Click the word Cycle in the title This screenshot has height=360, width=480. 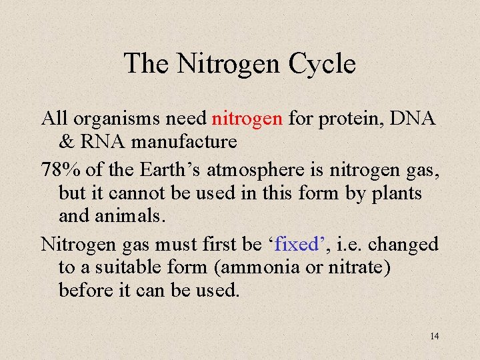click(322, 64)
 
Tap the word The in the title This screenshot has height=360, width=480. click(146, 63)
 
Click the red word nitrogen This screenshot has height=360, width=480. click(247, 119)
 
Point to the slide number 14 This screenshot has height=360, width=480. click(434, 336)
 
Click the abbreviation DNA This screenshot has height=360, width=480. click(413, 119)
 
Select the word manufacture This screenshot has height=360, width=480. click(183, 141)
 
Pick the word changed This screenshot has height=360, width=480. click(403, 244)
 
